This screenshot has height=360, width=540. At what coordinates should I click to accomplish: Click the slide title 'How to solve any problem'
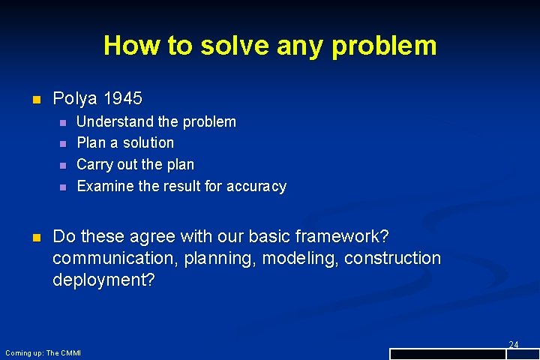270,46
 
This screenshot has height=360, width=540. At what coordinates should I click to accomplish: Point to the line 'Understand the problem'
156,121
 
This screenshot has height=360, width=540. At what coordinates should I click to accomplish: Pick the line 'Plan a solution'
125,142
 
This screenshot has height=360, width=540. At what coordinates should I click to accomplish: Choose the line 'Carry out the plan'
136,164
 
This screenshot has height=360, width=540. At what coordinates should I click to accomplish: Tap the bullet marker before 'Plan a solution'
63,143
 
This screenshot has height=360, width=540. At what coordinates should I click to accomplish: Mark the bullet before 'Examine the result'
63,187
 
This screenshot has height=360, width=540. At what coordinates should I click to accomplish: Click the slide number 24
514,344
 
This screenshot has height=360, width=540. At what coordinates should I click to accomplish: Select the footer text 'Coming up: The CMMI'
43,352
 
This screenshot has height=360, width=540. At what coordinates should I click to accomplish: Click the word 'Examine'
106,186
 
